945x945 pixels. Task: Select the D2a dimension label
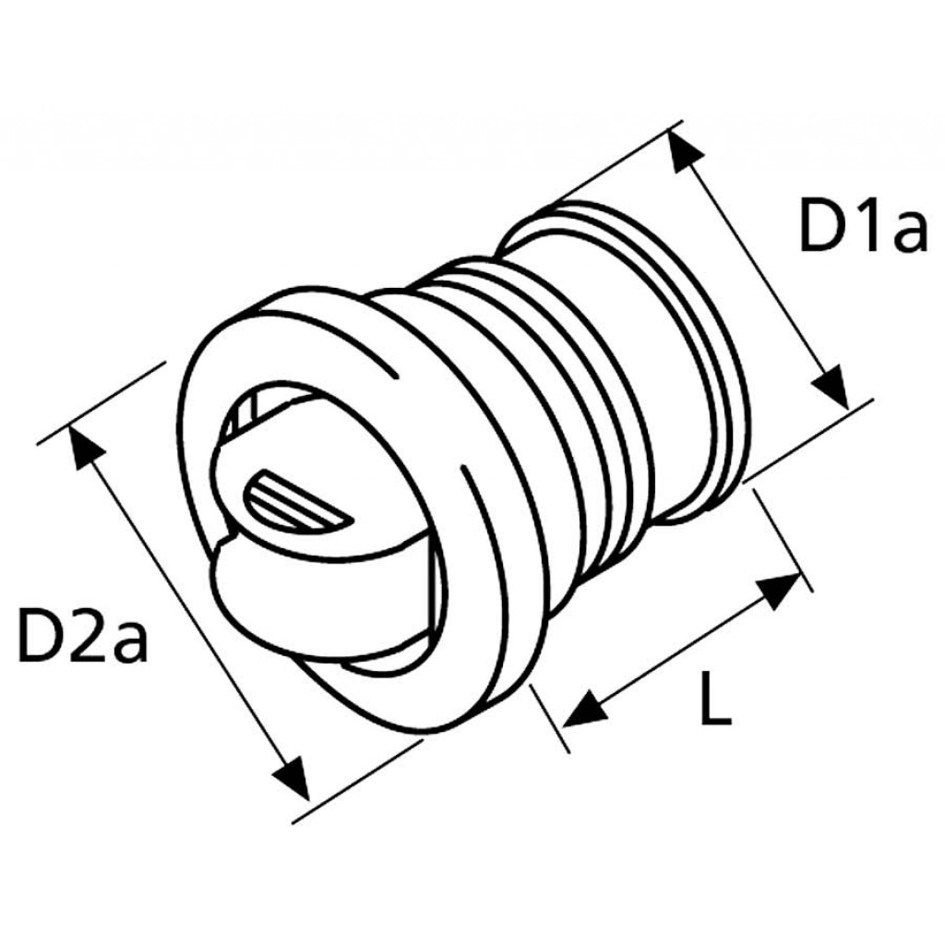tap(82, 637)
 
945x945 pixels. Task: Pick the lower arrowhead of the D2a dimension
tap(293, 776)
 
